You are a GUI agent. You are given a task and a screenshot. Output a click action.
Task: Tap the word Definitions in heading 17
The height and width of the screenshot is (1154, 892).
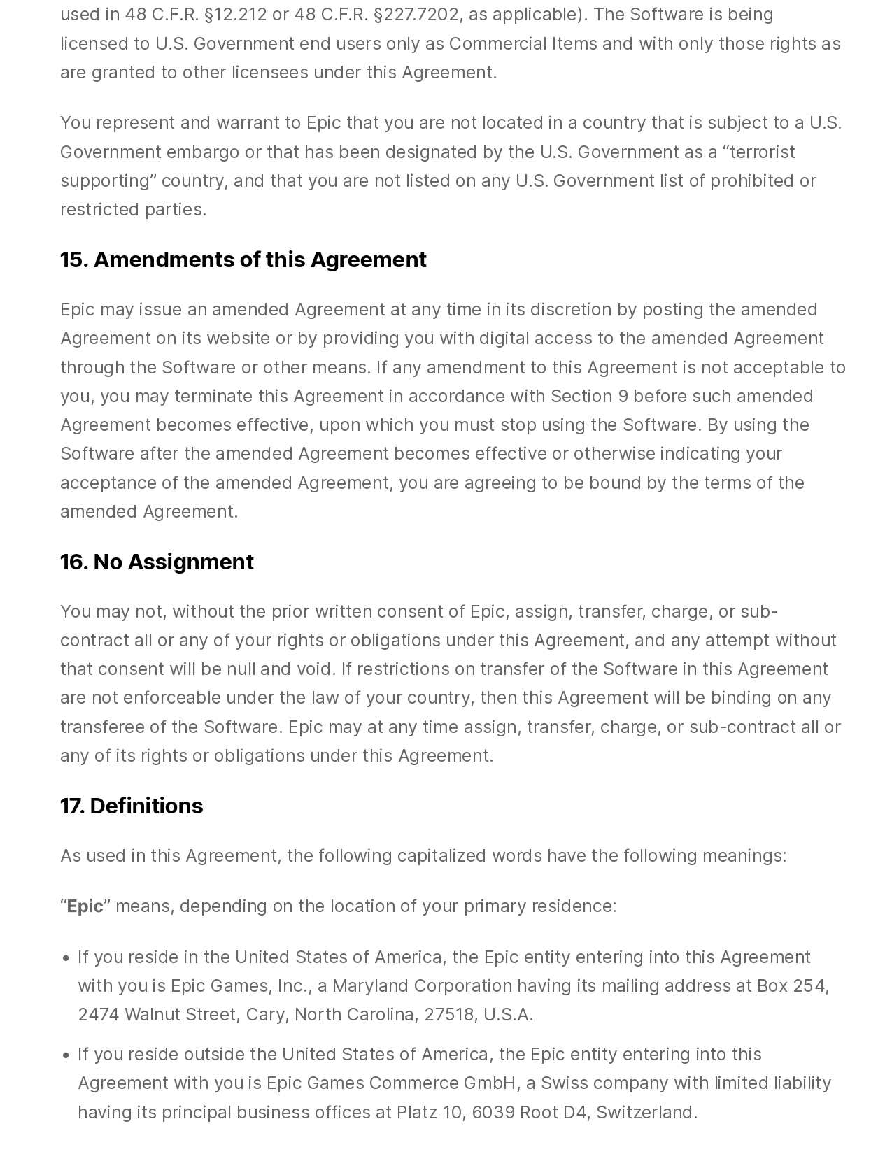146,806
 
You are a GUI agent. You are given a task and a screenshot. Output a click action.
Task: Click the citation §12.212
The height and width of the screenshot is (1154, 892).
235,15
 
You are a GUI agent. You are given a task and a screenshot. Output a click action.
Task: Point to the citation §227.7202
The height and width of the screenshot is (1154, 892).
416,15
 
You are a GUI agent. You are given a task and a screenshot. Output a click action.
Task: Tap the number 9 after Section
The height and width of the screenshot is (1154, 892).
623,396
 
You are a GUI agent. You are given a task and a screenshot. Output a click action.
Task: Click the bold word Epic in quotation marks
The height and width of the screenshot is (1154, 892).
85,906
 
